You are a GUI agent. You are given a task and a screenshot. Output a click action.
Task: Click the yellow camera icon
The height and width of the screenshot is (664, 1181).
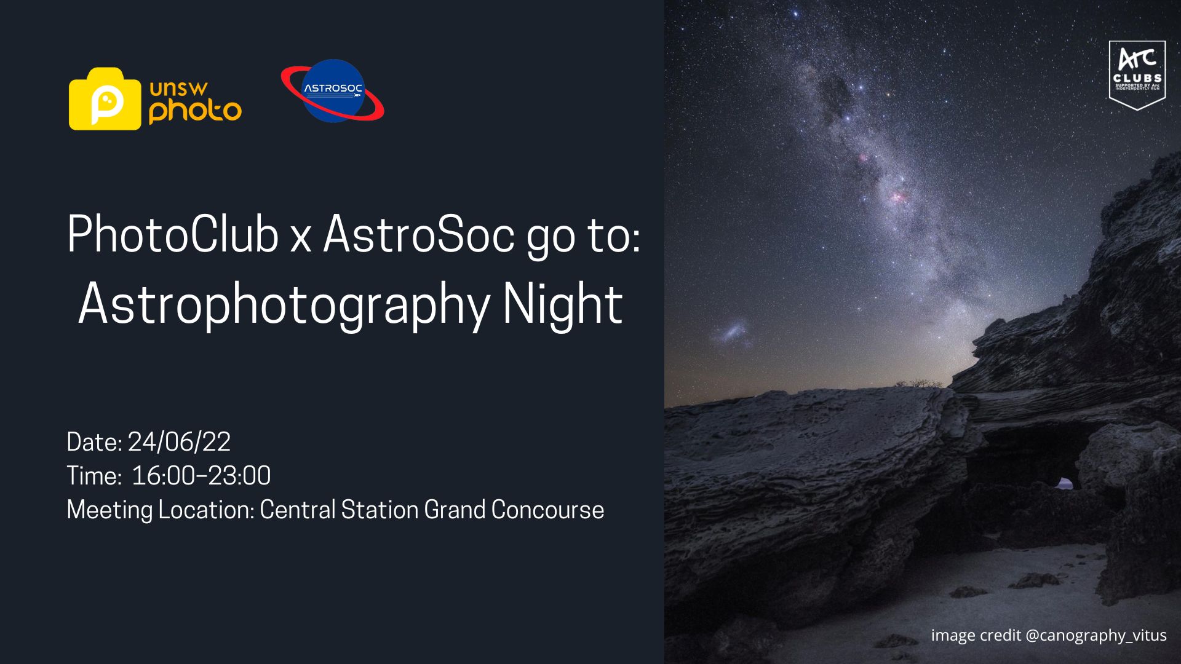[x=105, y=98]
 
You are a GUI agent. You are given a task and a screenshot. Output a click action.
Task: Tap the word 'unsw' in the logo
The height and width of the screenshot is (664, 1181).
[x=178, y=89]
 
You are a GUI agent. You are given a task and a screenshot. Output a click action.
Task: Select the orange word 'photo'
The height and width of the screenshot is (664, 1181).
[x=195, y=111]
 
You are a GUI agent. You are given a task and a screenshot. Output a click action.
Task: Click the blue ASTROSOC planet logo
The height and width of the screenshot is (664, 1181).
[x=333, y=91]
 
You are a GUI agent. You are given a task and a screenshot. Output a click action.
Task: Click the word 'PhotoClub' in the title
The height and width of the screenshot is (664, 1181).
[x=173, y=234]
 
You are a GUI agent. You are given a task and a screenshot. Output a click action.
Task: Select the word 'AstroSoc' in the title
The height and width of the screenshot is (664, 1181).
[x=418, y=234]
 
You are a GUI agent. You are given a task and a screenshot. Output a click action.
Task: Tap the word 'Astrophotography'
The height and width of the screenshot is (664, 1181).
[x=284, y=304]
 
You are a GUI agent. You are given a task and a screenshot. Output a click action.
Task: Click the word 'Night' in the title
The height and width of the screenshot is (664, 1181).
[x=562, y=304]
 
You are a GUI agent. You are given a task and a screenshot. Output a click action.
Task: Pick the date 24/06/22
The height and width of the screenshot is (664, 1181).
[x=179, y=442]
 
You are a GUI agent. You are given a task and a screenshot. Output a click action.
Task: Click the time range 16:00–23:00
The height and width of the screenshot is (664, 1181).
[x=201, y=476]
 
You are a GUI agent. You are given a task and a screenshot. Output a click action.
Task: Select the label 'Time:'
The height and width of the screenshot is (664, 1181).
[x=94, y=476]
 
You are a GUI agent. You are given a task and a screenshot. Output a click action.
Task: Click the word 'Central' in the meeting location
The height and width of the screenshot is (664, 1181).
[x=298, y=510]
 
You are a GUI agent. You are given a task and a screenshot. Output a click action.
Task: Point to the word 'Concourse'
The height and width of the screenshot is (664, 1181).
[x=547, y=510]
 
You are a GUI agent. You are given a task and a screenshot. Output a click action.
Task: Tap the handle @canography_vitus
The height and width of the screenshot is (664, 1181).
[x=1096, y=636]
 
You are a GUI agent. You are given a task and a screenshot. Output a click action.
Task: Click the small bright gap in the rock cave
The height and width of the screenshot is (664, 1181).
[x=1065, y=484]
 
